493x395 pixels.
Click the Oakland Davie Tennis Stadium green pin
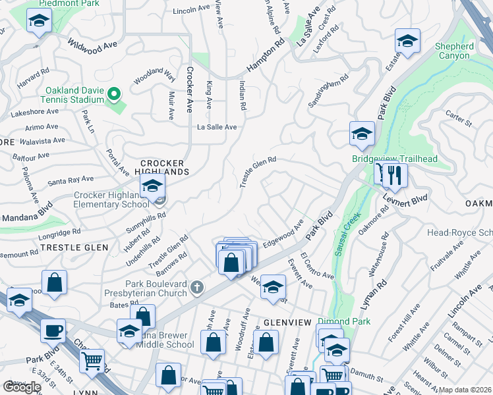pos(113,95)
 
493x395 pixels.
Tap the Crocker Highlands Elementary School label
pos(111,199)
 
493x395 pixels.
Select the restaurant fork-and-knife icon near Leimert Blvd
pos(395,174)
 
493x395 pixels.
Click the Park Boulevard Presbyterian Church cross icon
pos(196,287)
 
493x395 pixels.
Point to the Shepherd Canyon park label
pos(454,51)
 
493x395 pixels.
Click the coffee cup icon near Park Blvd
pos(53,330)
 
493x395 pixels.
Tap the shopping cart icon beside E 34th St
pos(92,360)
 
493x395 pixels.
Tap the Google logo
pos(22,386)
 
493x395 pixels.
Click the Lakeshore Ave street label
pos(35,113)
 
